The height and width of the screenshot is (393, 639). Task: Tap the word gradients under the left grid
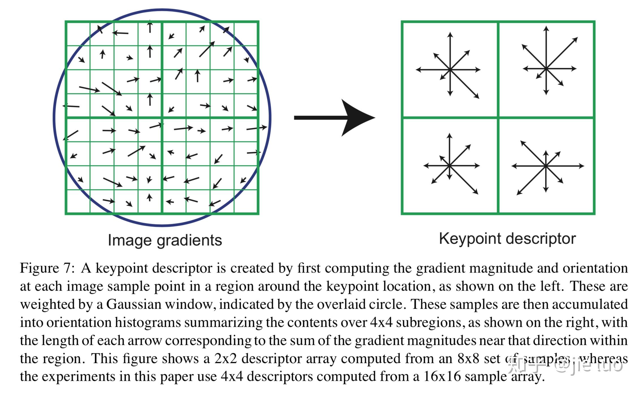(x=189, y=240)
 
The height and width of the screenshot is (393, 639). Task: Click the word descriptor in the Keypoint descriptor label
(x=540, y=239)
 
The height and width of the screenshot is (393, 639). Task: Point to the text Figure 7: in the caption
(x=47, y=268)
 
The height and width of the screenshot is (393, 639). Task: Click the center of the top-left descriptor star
(x=450, y=69)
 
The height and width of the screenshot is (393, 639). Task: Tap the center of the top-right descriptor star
(x=546, y=68)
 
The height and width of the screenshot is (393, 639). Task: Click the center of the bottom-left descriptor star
(x=450, y=166)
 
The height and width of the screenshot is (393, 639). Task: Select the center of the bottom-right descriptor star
(x=546, y=166)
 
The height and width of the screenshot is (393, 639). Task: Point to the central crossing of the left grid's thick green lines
(x=162, y=118)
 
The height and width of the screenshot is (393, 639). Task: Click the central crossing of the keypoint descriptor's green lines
(x=498, y=117)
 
